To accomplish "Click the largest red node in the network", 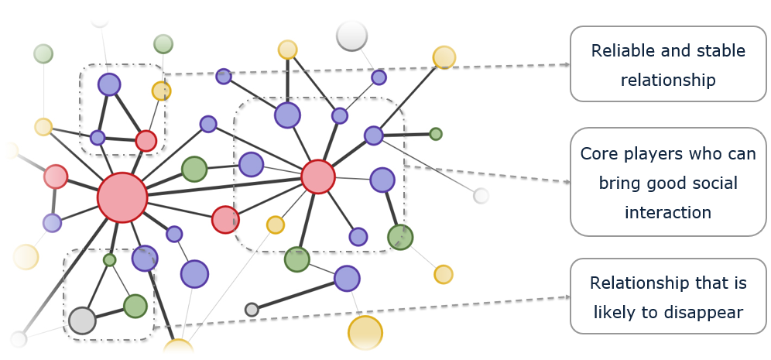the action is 122,197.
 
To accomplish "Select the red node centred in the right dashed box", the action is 317,177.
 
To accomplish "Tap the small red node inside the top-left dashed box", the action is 146,141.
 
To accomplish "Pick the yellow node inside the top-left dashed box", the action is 161,91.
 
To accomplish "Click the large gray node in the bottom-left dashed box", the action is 82,320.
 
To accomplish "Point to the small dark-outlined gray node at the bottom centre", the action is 252,310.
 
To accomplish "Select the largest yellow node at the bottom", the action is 365,333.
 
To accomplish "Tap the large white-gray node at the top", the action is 352,36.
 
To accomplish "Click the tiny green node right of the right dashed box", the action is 436,134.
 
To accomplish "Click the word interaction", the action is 667,212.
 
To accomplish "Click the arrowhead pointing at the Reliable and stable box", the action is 566,65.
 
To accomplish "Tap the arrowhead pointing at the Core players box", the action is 566,182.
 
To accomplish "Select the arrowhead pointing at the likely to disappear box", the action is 566,296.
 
